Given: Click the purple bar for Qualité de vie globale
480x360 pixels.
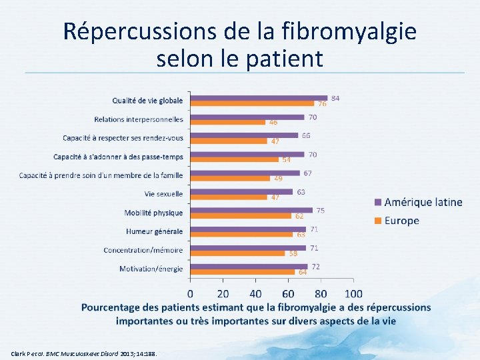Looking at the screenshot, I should tap(259, 98).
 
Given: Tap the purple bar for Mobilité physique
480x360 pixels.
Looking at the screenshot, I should tap(251, 210).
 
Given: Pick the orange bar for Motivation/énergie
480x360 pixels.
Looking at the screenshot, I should tap(243, 272).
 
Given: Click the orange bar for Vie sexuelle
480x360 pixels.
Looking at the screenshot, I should tap(229, 197).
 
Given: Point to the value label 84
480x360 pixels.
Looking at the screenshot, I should tap(335, 98).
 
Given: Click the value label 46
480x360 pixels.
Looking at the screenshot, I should tap(273, 123).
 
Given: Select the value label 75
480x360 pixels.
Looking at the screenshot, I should tap(321, 210).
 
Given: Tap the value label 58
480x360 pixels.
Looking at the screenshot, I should tap(293, 253).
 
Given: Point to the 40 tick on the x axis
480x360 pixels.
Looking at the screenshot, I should tap(256, 293).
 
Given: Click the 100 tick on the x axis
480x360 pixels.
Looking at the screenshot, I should tap(353, 293).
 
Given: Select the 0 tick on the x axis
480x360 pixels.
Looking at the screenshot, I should tap(191, 293).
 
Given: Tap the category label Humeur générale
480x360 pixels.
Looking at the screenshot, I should tap(154, 231).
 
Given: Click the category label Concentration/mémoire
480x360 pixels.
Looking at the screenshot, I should tap(143, 250).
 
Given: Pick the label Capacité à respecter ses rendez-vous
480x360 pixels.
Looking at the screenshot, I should tap(123, 138).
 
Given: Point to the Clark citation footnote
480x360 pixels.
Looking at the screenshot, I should tap(84, 353).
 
